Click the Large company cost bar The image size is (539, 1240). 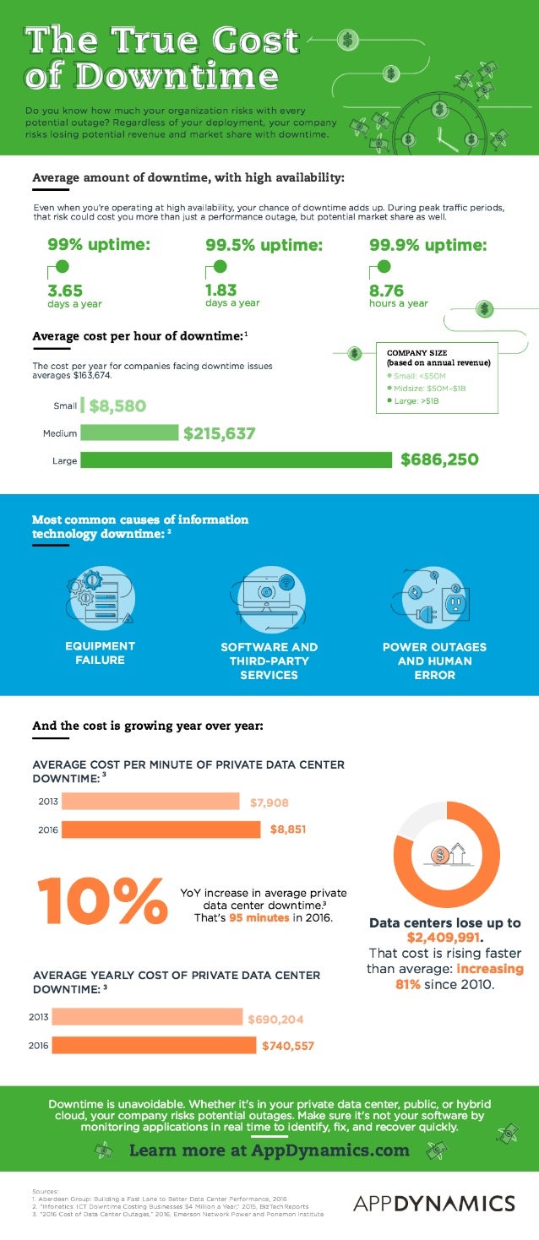tap(237, 460)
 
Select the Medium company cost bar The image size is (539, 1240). tap(130, 433)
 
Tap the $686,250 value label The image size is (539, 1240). tap(439, 460)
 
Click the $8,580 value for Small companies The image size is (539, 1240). tap(117, 405)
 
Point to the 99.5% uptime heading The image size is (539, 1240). tap(264, 246)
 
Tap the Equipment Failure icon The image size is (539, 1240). tap(100, 596)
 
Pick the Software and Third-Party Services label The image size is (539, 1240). tap(269, 661)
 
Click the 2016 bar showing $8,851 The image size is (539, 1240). tap(161, 829)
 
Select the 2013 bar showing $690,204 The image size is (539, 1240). tap(152, 1019)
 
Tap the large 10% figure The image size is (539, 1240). tap(101, 900)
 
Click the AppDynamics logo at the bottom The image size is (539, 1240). tap(433, 1203)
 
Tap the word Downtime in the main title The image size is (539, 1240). tap(152, 76)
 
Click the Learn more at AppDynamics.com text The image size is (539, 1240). tap(269, 1150)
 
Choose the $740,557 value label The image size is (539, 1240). tap(287, 1046)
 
